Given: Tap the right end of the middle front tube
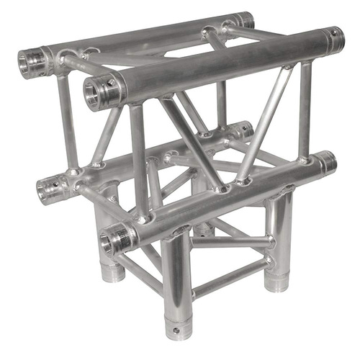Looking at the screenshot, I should point(327,163).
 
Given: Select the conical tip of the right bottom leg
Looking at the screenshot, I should point(276,284).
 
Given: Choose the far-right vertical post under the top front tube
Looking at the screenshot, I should point(305,108).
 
